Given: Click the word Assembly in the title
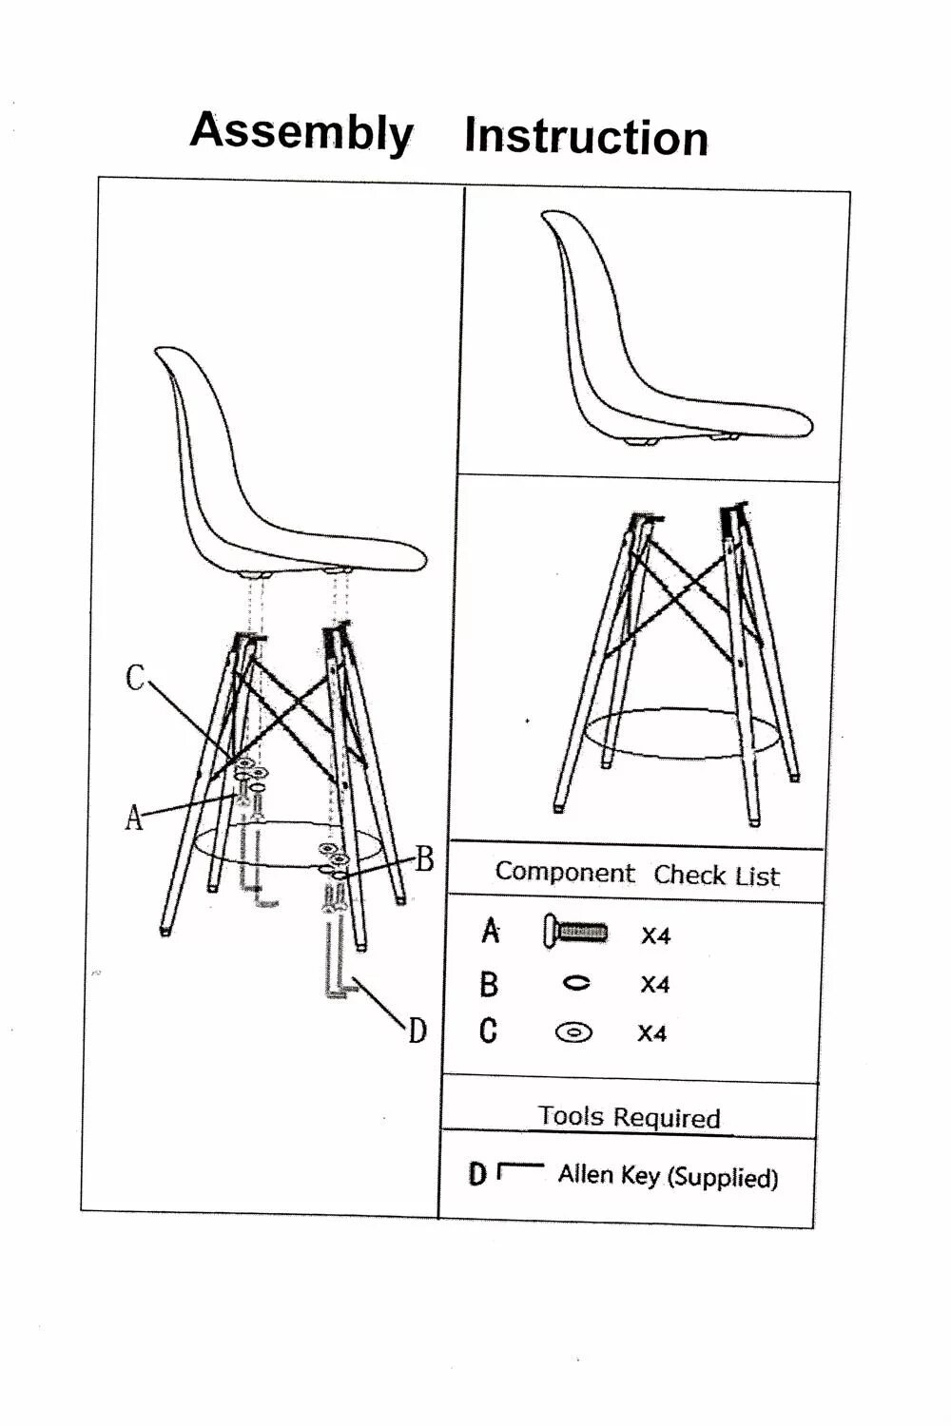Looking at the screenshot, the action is coord(301,131).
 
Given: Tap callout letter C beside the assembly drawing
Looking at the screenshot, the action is coord(135,678).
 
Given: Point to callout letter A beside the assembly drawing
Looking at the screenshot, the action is coord(134,817).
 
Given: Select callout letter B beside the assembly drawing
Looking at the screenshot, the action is coord(424,858).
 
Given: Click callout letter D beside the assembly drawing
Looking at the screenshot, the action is coord(417,1030).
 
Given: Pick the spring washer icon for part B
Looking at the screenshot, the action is coord(576,983).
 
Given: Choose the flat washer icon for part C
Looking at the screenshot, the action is coord(573,1031).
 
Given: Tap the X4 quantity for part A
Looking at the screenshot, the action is coord(655,935).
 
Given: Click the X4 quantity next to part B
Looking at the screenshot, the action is coord(654,984).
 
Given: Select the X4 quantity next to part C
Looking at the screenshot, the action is coord(651,1033).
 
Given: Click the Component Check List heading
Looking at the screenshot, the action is coord(636,874).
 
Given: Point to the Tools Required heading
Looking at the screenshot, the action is coord(629,1116).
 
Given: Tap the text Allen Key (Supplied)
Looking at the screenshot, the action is coord(668,1176).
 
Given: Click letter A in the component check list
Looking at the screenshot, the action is coord(490,931).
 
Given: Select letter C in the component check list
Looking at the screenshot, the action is coord(488,1031).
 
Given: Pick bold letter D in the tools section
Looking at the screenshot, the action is coord(476,1175).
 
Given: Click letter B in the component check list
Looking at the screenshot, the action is coord(489,983).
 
